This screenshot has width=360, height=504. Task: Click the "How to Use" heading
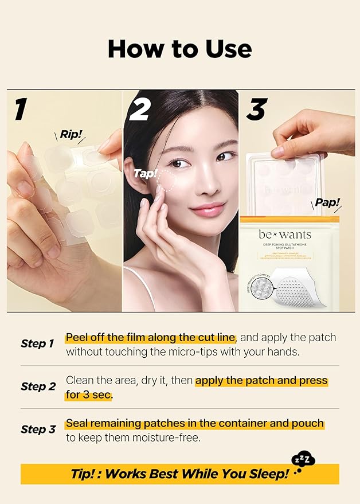[x=179, y=49]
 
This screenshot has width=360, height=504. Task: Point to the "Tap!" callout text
[x=145, y=173]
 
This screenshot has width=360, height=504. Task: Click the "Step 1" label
[x=37, y=344]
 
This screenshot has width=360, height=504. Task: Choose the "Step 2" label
[x=37, y=387]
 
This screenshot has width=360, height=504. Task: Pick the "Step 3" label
[x=37, y=429]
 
